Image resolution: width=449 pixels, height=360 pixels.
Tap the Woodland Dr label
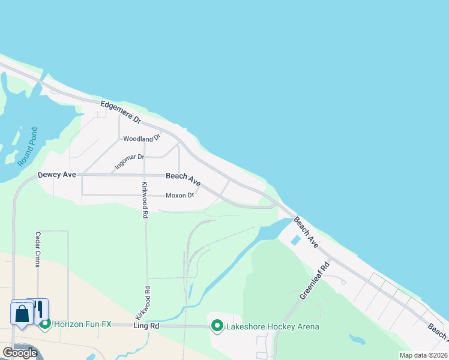(142, 139)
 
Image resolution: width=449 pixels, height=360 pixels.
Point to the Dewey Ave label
(56, 175)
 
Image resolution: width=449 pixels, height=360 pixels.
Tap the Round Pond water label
(27, 146)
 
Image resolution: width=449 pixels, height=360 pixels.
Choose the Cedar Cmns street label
(38, 250)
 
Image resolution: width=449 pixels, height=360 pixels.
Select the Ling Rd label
(146, 326)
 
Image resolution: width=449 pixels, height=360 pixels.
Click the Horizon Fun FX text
(83, 324)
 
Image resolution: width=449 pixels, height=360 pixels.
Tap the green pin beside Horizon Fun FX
(45, 324)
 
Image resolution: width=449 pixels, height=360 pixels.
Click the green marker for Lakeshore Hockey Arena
(216, 326)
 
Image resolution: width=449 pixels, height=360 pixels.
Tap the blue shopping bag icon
(22, 313)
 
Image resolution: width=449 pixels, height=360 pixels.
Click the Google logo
(20, 353)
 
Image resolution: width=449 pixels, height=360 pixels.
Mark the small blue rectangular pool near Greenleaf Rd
(295, 241)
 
